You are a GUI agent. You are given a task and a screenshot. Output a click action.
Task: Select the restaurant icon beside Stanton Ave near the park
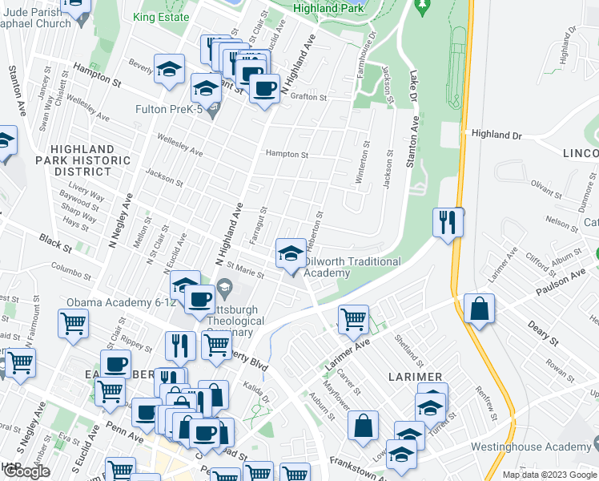tap(447, 222)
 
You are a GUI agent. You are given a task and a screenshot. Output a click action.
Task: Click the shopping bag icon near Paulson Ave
tap(479, 309)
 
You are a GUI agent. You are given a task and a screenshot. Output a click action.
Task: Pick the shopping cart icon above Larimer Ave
tap(353, 320)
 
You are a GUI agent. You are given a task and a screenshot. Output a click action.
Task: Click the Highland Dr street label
tap(496, 135)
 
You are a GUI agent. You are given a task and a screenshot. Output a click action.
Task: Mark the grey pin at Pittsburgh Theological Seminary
tap(225, 287)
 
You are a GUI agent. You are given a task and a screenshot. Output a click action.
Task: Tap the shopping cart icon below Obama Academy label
tap(73, 324)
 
